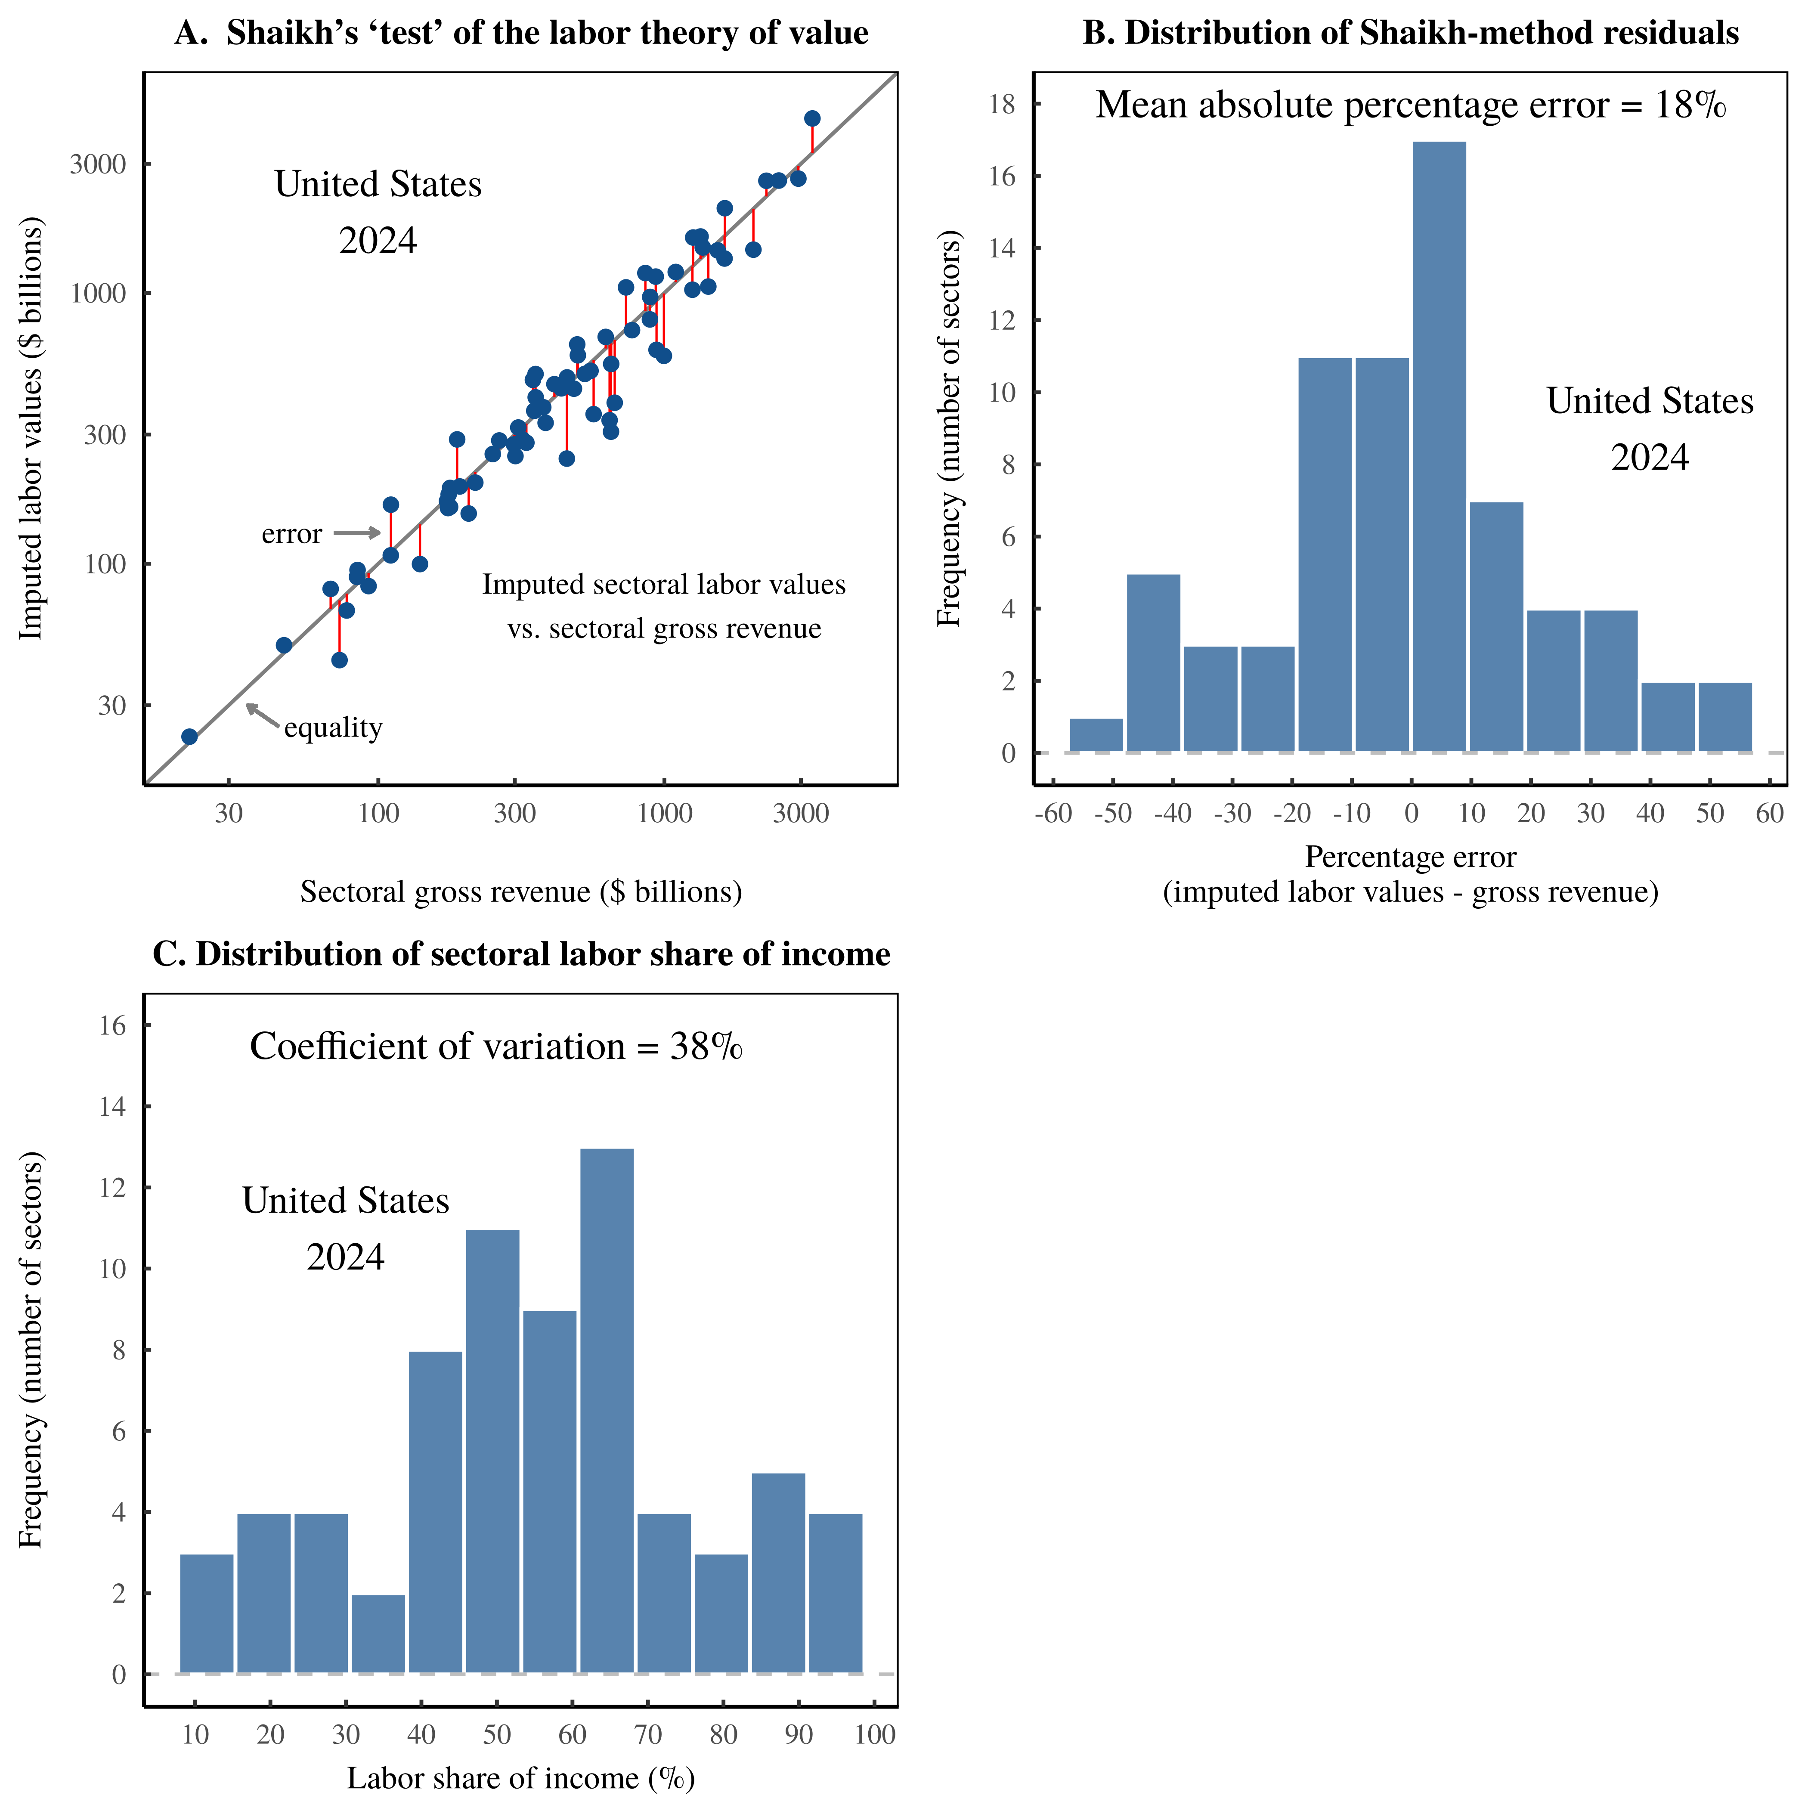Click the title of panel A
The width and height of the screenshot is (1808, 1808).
tap(521, 34)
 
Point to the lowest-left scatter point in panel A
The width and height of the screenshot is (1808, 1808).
tap(189, 737)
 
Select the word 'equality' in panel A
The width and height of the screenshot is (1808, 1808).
tap(333, 728)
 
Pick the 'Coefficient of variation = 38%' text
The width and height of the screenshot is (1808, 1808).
tap(496, 1046)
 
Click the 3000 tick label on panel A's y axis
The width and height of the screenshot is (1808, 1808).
tap(97, 165)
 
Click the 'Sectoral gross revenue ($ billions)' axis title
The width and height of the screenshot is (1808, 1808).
tap(521, 892)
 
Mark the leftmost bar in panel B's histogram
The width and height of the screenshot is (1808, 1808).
tap(1096, 736)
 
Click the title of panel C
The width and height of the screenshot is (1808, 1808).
tap(521, 954)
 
